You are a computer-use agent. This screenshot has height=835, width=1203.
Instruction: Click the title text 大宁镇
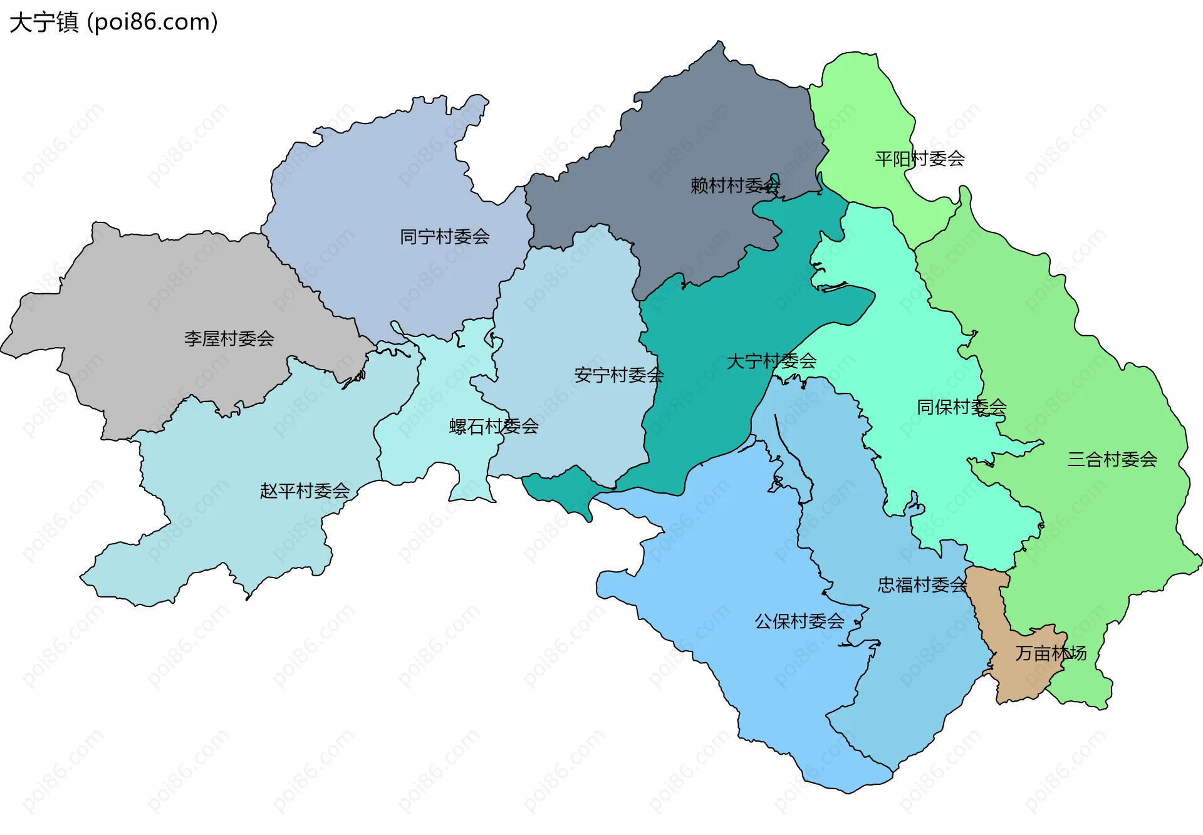tap(44, 22)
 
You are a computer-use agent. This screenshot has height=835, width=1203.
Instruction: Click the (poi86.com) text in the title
tap(152, 22)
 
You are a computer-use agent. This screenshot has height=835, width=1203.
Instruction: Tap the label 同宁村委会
tap(444, 237)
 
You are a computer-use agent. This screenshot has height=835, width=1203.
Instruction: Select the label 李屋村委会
tap(229, 339)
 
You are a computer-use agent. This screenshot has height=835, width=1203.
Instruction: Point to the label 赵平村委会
tap(305, 490)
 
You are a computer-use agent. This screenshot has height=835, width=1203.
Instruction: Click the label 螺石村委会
tap(494, 427)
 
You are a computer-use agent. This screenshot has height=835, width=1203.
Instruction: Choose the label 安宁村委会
tap(618, 375)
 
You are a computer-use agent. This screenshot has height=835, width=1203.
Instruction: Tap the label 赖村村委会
tap(734, 185)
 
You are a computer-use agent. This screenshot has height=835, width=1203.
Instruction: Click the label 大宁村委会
tap(771, 361)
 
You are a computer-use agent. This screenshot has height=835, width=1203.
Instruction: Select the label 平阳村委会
tap(919, 158)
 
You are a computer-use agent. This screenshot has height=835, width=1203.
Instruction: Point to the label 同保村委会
tap(961, 407)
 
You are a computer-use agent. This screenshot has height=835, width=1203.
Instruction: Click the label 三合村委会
tap(1112, 459)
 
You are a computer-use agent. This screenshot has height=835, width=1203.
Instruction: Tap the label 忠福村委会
tap(922, 584)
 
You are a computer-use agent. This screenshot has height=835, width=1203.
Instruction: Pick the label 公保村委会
tap(799, 621)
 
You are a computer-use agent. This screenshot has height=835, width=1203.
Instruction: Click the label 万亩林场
tap(1050, 653)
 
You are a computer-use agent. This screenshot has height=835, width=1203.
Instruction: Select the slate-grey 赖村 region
tap(702, 125)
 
